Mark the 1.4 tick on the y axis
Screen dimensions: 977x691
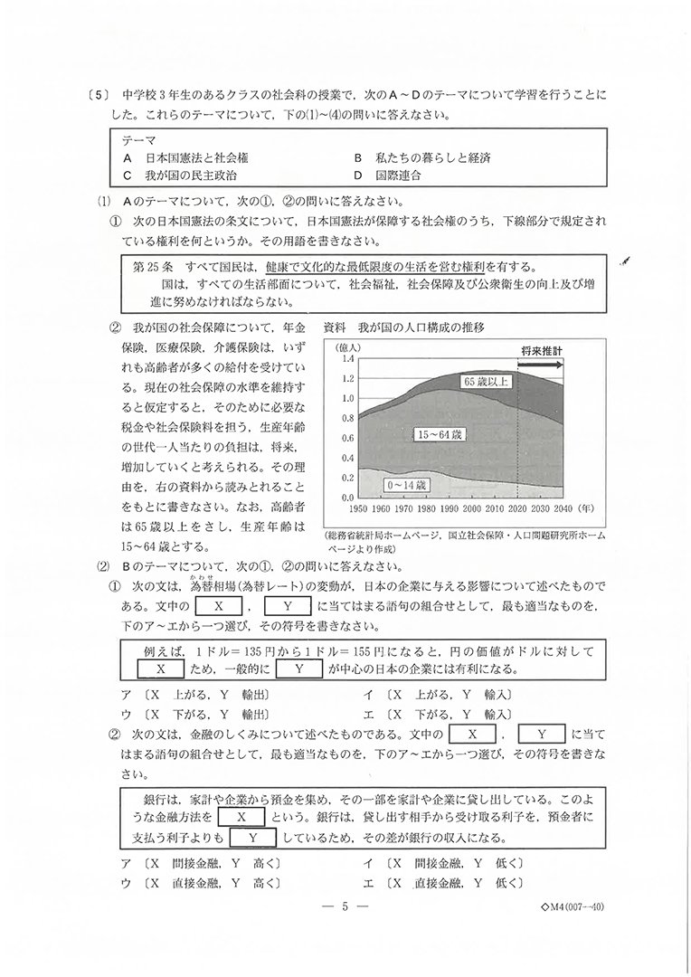(x=347, y=358)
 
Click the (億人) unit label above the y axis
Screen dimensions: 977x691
(x=349, y=346)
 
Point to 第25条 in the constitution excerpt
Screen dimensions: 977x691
(x=151, y=267)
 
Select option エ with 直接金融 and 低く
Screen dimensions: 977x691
(x=438, y=881)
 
